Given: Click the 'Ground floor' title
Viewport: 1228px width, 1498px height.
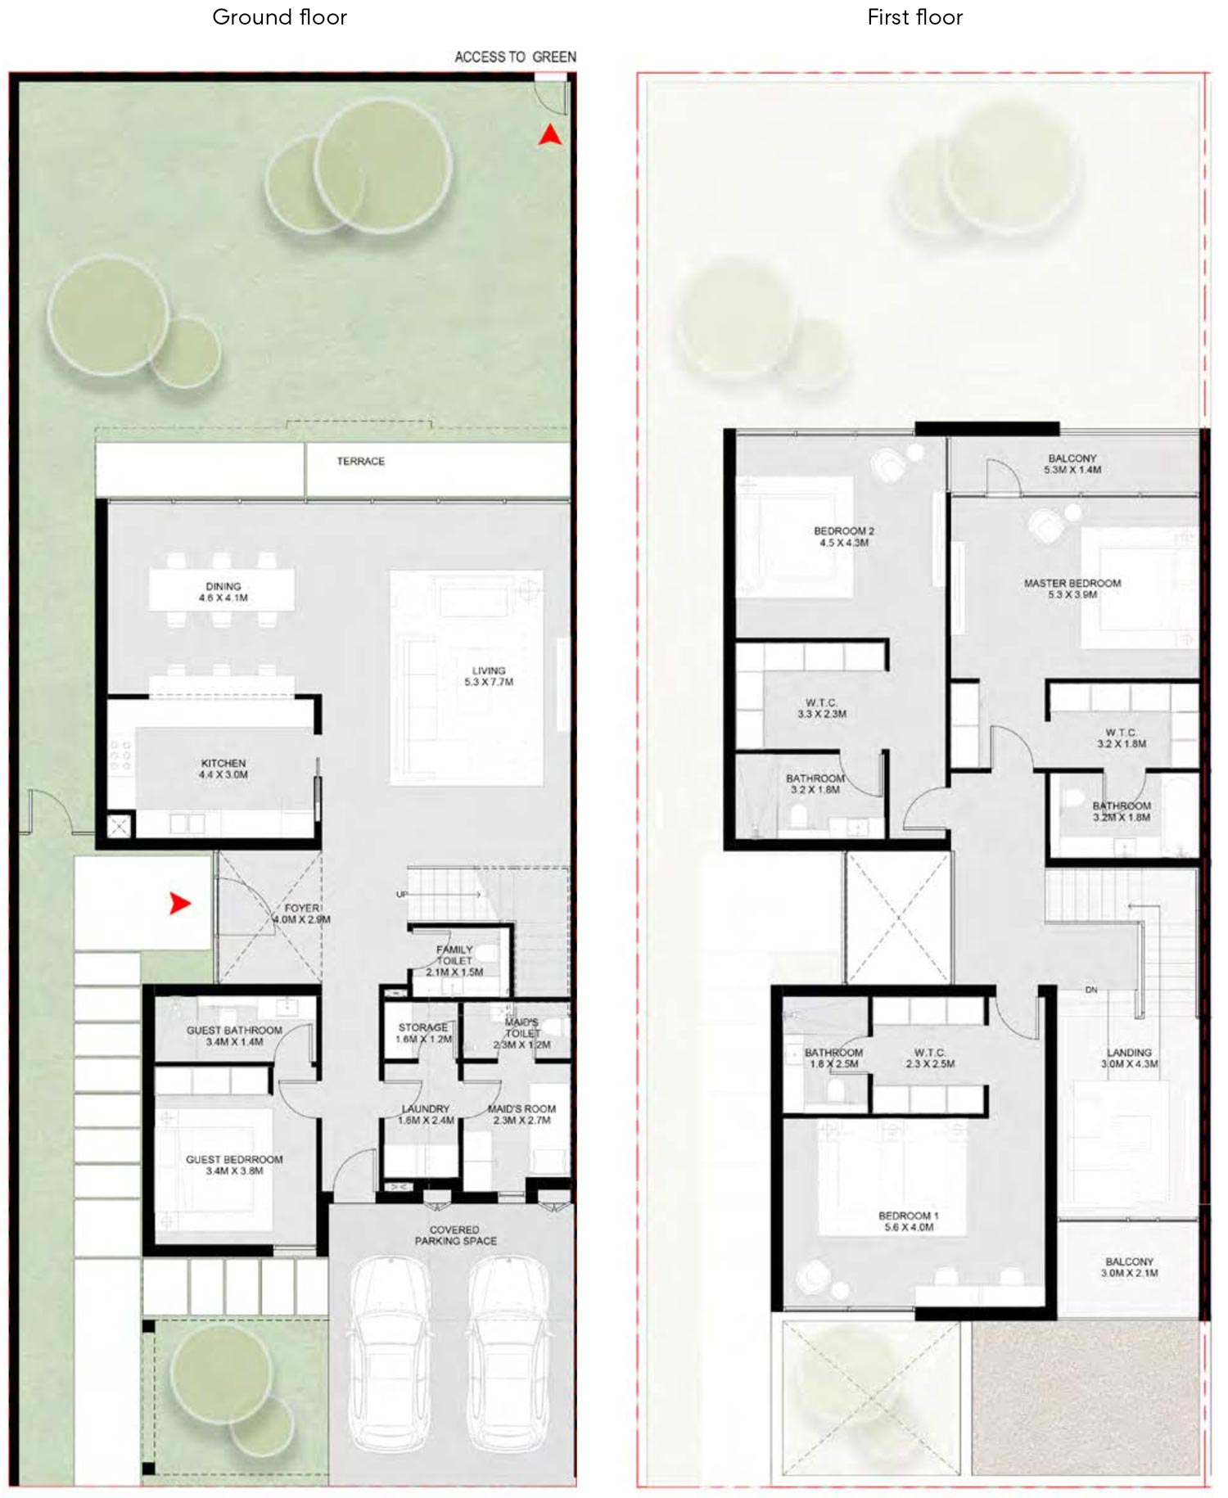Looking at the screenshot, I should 279,17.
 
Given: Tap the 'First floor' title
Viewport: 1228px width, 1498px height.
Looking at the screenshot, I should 914,17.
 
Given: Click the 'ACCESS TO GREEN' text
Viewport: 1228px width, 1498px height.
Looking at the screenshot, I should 515,57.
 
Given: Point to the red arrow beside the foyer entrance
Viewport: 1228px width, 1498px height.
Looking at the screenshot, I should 180,904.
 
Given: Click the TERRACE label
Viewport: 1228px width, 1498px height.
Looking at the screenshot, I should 360,462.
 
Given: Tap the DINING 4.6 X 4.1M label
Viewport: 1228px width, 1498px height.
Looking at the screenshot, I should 223,592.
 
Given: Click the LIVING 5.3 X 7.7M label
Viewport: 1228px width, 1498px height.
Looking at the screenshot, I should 489,676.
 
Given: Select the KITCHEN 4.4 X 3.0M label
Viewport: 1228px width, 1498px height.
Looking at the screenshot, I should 223,769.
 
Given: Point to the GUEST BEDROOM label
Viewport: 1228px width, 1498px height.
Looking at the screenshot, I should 234,1165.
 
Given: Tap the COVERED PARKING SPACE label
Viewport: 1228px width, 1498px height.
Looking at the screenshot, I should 455,1235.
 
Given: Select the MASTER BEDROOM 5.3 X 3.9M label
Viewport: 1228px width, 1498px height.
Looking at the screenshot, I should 1072,589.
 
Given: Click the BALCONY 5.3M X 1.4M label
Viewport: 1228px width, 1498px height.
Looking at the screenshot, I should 1072,464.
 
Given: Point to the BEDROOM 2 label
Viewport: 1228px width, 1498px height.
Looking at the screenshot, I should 844,536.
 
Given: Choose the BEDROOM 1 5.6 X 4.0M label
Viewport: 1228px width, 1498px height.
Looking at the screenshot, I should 909,1221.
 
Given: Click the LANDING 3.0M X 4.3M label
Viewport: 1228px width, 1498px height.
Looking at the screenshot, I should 1129,1058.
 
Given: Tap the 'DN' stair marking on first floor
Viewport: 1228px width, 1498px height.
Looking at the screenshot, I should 1091,990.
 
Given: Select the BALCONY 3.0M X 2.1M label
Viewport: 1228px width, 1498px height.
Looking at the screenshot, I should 1129,1267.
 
